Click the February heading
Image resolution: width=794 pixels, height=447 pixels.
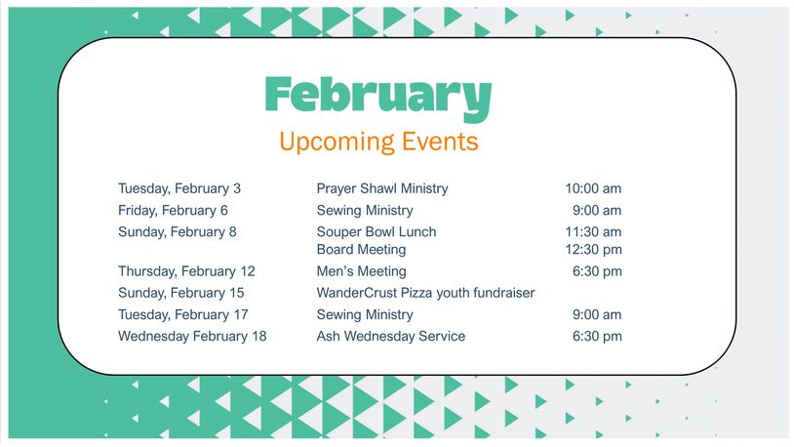coord(378,98)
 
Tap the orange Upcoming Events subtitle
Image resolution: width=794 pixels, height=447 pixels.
coord(378,142)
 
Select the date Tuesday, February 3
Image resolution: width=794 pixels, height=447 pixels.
coord(179,189)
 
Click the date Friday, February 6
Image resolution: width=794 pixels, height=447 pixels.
coord(173,211)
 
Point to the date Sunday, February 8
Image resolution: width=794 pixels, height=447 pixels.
coord(178,232)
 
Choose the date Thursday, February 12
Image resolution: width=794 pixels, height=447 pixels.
coord(186,271)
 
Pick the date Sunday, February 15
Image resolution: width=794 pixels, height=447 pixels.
coord(180,293)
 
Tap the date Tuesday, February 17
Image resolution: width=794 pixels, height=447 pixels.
coord(182,314)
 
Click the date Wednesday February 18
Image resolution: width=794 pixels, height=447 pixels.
coord(192,337)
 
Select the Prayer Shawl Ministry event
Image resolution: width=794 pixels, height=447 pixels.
coord(382,189)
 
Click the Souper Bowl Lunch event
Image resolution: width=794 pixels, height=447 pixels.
coord(377,232)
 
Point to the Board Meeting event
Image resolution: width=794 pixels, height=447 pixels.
coord(361,250)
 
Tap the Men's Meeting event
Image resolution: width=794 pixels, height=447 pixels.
coord(361,271)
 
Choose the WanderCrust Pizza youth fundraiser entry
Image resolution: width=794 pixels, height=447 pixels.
coord(425,293)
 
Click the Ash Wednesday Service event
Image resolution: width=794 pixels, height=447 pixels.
coord(390,337)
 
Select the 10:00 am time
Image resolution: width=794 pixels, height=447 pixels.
coord(593,189)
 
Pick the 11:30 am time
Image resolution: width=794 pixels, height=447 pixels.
coord(593,232)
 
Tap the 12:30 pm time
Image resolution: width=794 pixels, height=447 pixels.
coord(593,250)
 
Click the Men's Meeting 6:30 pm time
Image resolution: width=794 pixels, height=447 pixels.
coord(597,271)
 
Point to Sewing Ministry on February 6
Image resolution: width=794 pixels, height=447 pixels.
coord(365,211)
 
